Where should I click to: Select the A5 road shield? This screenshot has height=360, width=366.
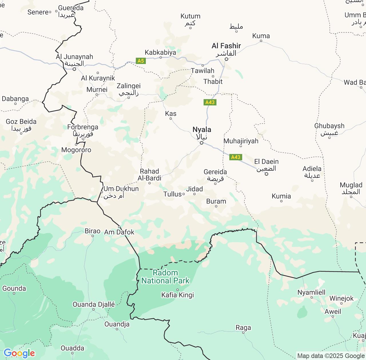pyautogui.click(x=141, y=61)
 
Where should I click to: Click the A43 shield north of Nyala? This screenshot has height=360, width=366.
pyautogui.click(x=210, y=102)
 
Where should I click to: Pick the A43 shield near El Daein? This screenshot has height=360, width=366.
pyautogui.click(x=236, y=157)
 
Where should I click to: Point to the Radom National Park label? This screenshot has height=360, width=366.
pyautogui.click(x=165, y=277)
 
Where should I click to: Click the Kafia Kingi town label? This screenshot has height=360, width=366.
pyautogui.click(x=178, y=295)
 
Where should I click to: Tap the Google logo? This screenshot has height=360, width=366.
pyautogui.click(x=19, y=353)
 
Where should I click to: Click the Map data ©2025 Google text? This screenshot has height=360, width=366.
pyautogui.click(x=331, y=356)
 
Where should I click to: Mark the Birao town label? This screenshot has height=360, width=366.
pyautogui.click(x=93, y=231)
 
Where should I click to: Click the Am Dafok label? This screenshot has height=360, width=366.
pyautogui.click(x=119, y=232)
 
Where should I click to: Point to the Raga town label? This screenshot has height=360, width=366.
pyautogui.click(x=243, y=328)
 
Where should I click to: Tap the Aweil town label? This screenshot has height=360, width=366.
pyautogui.click(x=333, y=311)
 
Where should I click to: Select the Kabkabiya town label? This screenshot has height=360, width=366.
pyautogui.click(x=160, y=52)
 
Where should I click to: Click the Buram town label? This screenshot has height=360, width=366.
pyautogui.click(x=216, y=201)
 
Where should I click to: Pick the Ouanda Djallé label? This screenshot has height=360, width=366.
pyautogui.click(x=94, y=305)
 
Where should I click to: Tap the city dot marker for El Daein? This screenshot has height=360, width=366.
pyautogui.click(x=266, y=174)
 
